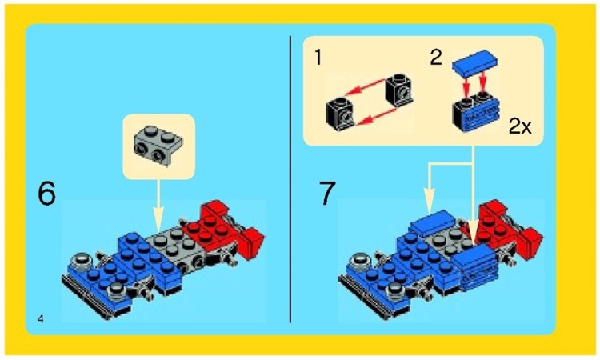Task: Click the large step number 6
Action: coord(47,194)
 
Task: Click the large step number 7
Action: coord(327,194)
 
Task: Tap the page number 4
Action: coord(40,319)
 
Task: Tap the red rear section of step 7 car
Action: coord(512,228)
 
